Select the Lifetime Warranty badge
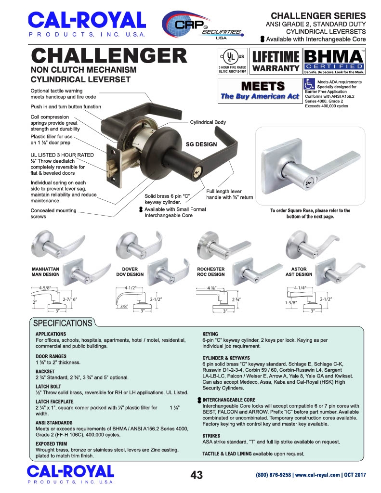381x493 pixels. tap(276, 61)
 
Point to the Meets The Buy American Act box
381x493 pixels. tap(259, 90)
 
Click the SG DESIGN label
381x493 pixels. tap(201, 144)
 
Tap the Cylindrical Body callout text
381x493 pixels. tap(208, 122)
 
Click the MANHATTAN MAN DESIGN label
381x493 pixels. tap(46, 272)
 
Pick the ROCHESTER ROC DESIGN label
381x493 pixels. tap(211, 272)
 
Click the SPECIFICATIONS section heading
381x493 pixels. tap(61, 323)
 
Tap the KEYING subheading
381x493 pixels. tap(210, 334)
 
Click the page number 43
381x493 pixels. tap(197, 475)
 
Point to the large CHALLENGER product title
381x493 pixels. tap(109, 56)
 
